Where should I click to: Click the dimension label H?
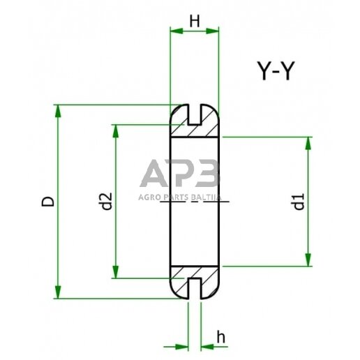(195, 22)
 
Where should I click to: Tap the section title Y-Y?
(271, 71)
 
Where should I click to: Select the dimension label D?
(47, 202)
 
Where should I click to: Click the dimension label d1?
(298, 204)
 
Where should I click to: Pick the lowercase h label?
(220, 337)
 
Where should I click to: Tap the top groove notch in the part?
(195, 112)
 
